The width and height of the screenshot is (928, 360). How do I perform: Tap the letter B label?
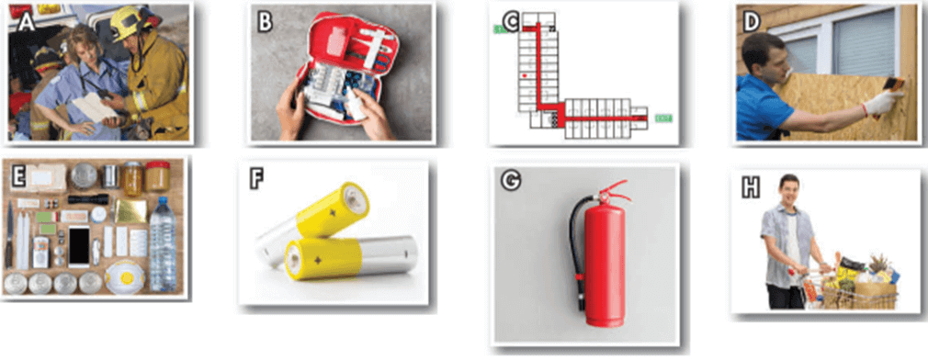pos(266,21)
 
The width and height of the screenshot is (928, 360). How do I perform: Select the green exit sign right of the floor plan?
pos(662,118)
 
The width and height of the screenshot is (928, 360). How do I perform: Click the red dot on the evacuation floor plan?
pos(525,76)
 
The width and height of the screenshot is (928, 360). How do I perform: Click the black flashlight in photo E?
pos(88,199)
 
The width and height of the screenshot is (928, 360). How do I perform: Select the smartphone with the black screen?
pos(79,245)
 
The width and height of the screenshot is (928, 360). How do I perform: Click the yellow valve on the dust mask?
pos(125,276)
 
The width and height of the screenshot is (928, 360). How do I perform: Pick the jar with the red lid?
pos(157,176)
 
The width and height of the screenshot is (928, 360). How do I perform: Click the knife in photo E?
pos(9,234)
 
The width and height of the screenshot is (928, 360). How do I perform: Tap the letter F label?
pos(257,179)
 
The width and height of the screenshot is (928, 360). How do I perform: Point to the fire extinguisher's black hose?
pos(574,248)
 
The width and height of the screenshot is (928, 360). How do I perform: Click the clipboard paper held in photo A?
pos(94,107)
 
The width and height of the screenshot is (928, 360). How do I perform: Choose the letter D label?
pos(752,22)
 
